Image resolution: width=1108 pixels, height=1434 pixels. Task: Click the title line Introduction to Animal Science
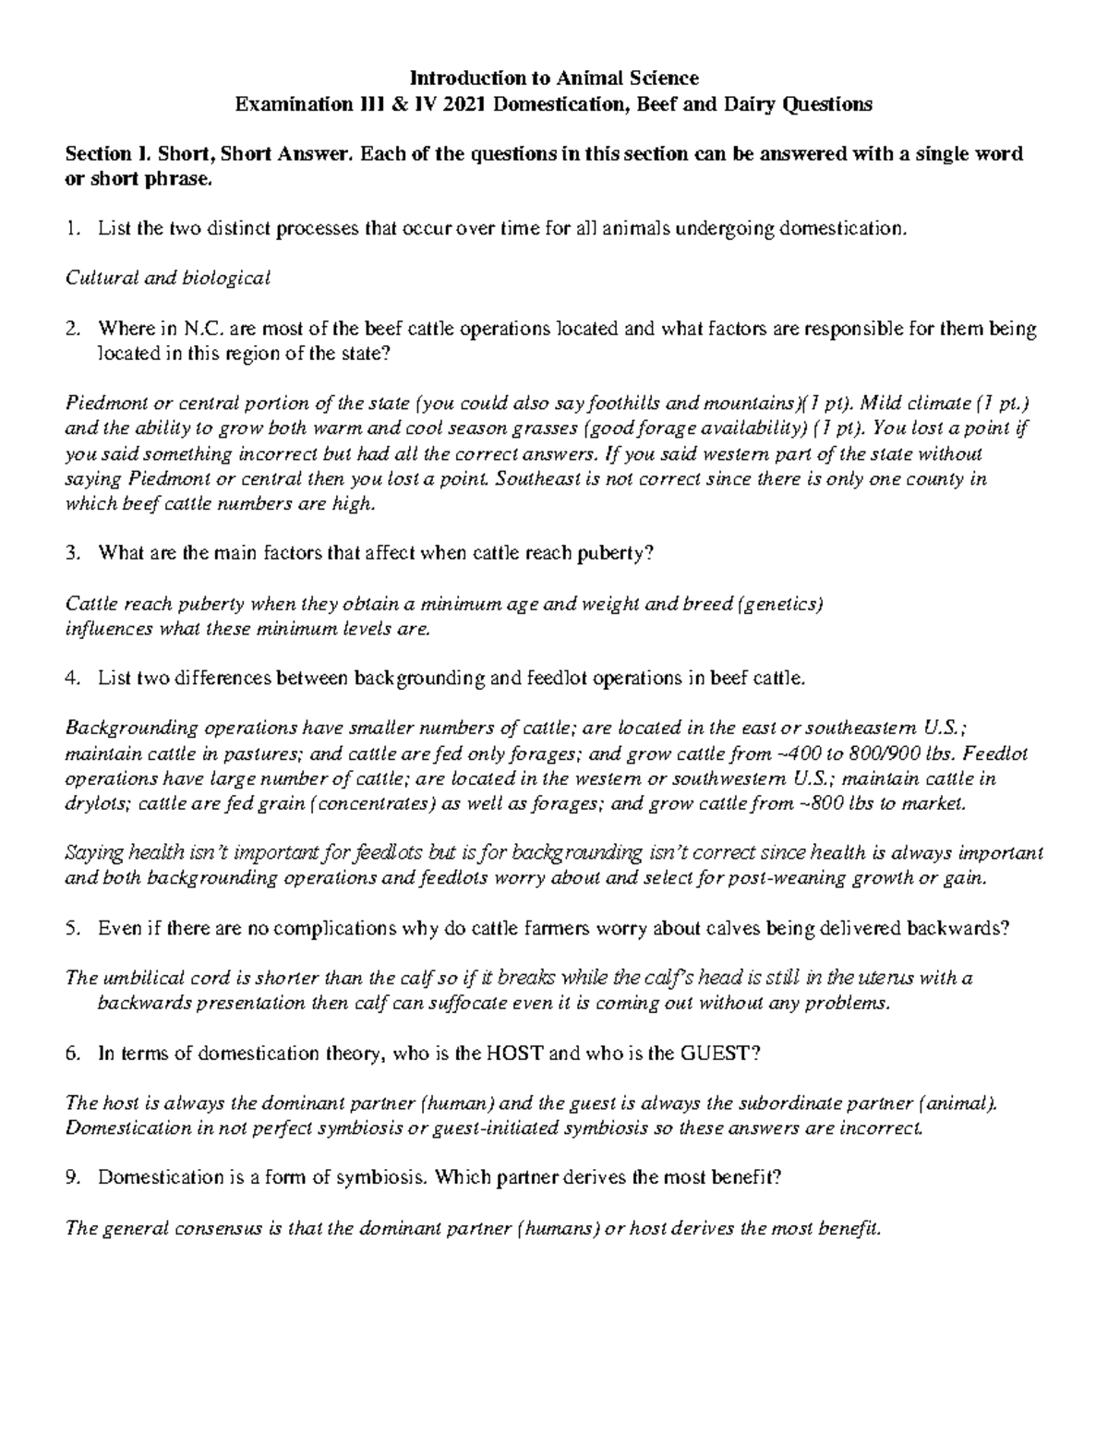[x=554, y=78]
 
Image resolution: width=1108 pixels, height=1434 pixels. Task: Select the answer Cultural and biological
[x=167, y=277]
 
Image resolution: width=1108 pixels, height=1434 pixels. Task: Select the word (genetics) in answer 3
[x=780, y=604]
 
